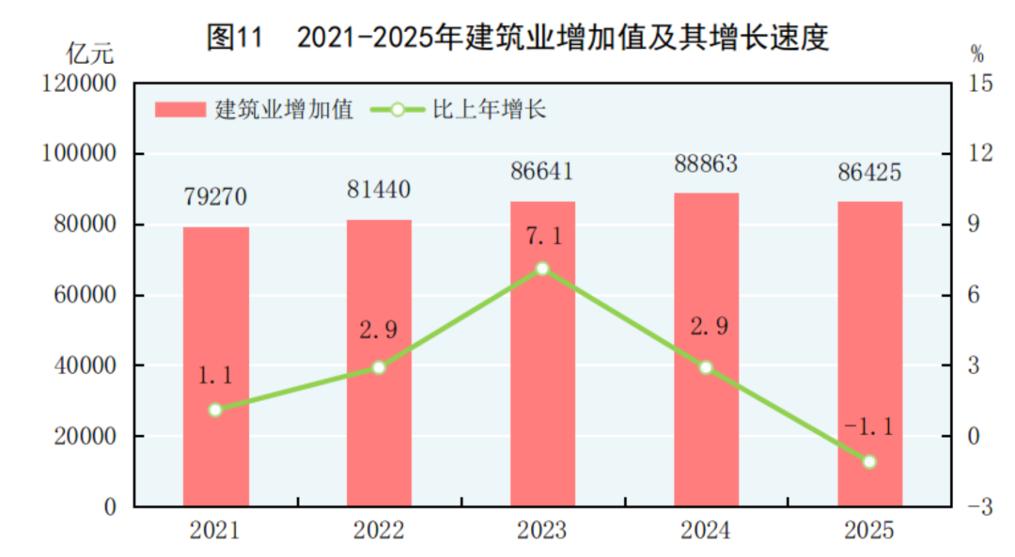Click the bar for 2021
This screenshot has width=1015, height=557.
pyautogui.click(x=215, y=366)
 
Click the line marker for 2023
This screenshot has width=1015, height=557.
pyautogui.click(x=542, y=269)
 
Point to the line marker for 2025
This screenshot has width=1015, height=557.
pyautogui.click(x=869, y=461)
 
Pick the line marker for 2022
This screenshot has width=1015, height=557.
pyautogui.click(x=379, y=367)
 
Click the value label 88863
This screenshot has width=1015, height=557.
pyautogui.click(x=706, y=164)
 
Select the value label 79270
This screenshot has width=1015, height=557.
pyautogui.click(x=215, y=198)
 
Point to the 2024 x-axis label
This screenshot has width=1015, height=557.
pyautogui.click(x=706, y=531)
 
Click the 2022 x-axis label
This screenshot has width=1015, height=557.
pyautogui.click(x=379, y=531)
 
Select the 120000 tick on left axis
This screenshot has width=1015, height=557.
pyautogui.click(x=79, y=84)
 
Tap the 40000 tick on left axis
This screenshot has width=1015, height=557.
pyautogui.click(x=85, y=365)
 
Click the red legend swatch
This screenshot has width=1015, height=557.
pyautogui.click(x=180, y=110)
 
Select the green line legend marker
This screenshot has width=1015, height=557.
pyautogui.click(x=397, y=110)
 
